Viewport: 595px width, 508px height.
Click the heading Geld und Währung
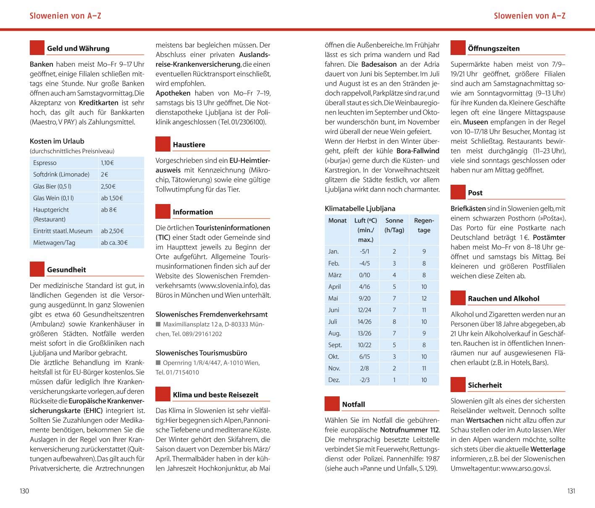tap(78, 48)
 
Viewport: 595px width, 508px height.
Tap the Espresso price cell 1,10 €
tap(107, 163)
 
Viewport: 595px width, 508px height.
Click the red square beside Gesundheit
tap(37, 269)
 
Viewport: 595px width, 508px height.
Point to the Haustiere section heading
tap(189, 144)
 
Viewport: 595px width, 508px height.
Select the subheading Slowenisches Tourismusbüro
tap(201, 353)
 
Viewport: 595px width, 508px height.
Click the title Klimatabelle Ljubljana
tap(360, 208)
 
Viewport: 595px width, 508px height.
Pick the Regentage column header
tap(424, 225)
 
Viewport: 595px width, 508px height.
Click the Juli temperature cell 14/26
tap(364, 322)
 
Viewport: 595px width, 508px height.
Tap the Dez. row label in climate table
tap(334, 380)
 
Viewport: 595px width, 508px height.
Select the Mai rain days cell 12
tap(424, 298)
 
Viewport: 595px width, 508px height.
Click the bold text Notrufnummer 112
tap(409, 430)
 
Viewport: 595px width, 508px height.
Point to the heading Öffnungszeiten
tap(494, 48)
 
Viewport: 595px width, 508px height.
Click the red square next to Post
tap(458, 192)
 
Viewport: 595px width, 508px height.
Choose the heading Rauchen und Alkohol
tap(503, 299)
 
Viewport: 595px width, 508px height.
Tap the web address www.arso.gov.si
tap(526, 469)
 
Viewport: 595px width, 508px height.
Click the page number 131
tap(571, 491)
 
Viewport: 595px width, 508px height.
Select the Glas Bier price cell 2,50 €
tap(108, 186)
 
